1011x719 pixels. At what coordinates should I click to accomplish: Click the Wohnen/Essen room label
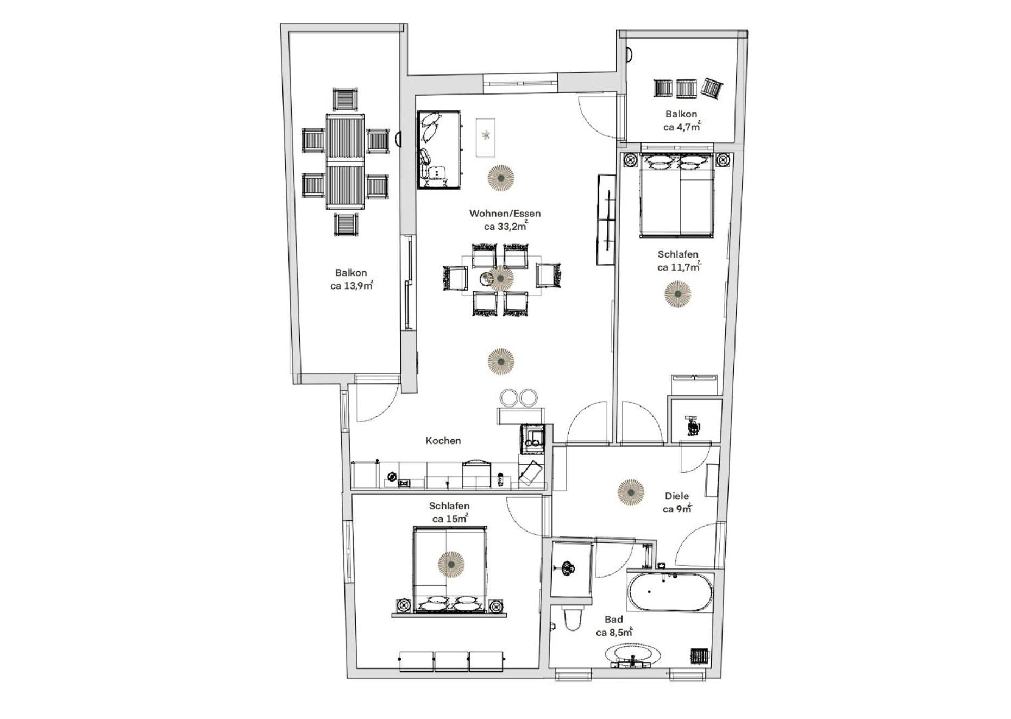(505, 214)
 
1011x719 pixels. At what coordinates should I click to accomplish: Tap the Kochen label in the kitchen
(443, 441)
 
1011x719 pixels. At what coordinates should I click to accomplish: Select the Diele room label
(677, 496)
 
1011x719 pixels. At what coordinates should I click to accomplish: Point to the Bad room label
(614, 620)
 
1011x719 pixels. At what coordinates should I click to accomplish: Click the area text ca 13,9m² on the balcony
(351, 285)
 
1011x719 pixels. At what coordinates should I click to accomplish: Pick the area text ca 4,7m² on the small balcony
(682, 127)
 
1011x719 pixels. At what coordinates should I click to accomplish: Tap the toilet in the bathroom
(573, 617)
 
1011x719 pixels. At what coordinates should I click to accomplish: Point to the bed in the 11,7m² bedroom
(677, 195)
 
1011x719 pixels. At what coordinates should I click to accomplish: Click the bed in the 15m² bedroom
(449, 571)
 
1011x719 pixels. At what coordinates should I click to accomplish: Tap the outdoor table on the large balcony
(346, 161)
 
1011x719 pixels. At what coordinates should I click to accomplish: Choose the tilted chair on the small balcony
(712, 89)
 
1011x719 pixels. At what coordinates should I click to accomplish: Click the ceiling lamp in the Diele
(631, 492)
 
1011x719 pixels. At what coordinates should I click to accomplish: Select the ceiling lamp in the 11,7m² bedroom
(678, 294)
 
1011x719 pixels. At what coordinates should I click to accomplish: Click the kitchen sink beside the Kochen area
(533, 438)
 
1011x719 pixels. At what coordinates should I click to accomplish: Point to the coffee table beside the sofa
(486, 137)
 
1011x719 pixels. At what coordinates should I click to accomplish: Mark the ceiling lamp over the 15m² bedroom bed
(451, 565)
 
